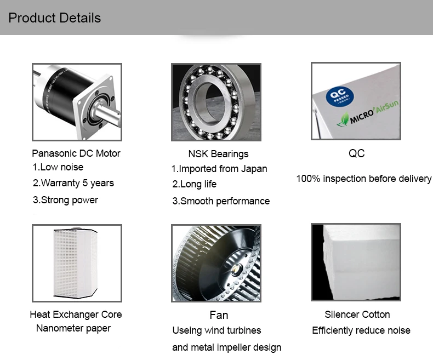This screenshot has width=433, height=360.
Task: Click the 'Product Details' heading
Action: click(55, 18)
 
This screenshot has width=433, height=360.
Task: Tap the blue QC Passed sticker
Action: click(340, 96)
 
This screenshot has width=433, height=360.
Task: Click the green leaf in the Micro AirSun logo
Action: click(343, 120)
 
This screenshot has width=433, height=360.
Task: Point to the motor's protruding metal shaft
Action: click(107, 113)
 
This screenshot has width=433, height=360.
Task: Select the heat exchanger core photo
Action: click(77, 263)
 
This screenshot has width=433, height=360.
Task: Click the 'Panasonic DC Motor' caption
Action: click(76, 153)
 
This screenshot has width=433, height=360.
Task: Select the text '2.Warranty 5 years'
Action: click(73, 183)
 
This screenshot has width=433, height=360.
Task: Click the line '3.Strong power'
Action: click(65, 200)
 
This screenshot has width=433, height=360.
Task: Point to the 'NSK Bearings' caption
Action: click(218, 154)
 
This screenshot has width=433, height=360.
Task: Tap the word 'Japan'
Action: click(254, 169)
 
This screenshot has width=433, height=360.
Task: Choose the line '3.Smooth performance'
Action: click(221, 201)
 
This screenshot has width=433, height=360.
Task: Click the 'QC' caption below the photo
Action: click(356, 153)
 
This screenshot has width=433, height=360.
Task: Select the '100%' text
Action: click(308, 179)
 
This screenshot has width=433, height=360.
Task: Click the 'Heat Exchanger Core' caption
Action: click(76, 315)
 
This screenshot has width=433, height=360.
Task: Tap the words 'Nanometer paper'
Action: click(73, 328)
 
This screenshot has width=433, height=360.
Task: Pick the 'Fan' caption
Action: click(219, 315)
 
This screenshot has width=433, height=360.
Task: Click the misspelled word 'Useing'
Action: click(186, 330)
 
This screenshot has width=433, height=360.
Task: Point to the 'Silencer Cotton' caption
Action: click(357, 315)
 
